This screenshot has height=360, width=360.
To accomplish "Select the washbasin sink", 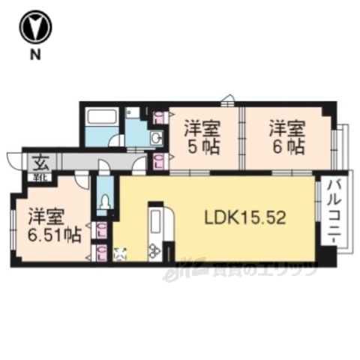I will pos(155,137).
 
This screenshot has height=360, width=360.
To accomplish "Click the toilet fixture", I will pos(106,201).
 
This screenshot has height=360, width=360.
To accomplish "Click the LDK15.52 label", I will pos(245,217).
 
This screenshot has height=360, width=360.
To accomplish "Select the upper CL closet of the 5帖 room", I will pos(159,117).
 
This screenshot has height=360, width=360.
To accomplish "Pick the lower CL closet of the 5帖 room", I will pos(159,160).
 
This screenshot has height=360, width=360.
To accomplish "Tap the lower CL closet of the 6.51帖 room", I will pos(100,252).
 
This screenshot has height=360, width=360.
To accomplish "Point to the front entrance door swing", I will pos(15,159).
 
